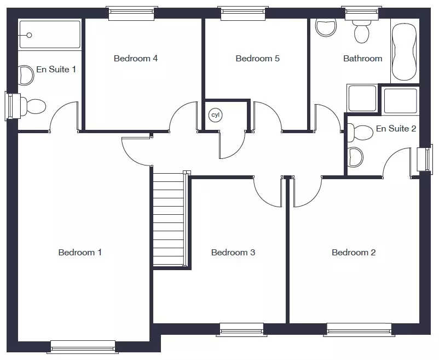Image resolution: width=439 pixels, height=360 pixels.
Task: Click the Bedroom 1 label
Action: pos(80,253)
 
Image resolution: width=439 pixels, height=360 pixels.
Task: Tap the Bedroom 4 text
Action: pos(136,58)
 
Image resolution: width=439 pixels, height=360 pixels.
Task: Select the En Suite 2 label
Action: pos(396,129)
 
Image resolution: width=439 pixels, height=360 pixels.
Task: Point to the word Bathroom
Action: pos(362,58)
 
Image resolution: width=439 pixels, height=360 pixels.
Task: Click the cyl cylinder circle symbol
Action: pos(215,115)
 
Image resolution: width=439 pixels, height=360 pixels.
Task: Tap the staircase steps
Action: pos(169,219)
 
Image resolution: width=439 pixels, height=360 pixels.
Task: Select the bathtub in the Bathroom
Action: pos(405,52)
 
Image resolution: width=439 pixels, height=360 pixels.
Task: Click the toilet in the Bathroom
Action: pos(361,31)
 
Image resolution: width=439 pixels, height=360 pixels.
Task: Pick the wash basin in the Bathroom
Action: pos(326,27)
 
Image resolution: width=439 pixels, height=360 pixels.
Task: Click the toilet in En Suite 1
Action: pos(32,106)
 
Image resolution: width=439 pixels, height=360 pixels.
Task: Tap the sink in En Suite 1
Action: pos(26,75)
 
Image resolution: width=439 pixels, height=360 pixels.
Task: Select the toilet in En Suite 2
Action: pos(360,133)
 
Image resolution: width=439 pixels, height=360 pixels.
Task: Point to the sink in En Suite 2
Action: pos(355,157)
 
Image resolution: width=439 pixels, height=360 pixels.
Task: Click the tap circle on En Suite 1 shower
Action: pos(29,35)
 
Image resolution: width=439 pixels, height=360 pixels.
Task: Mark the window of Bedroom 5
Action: pos(243,13)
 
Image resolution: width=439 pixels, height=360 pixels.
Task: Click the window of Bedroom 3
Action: pos(241,329)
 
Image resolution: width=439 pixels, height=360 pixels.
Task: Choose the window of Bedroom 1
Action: pos(83,347)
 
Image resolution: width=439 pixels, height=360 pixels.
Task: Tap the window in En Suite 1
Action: pos(13,106)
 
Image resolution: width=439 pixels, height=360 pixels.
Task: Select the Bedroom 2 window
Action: pos(359,329)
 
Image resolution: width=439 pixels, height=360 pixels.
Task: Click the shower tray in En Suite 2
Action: pos(401,101)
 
